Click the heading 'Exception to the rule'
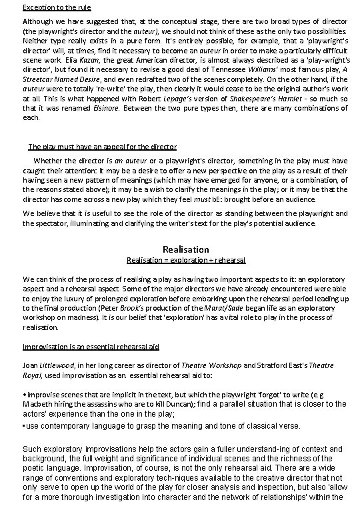point(57,7)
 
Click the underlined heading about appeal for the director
point(102,146)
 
